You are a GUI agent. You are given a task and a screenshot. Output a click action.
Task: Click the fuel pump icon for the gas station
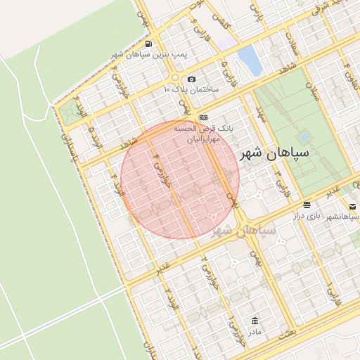146,43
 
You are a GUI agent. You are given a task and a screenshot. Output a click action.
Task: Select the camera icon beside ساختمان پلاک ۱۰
192,79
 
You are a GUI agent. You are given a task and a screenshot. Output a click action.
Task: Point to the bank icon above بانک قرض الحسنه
204,117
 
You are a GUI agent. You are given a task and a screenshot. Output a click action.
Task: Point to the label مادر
253,330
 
